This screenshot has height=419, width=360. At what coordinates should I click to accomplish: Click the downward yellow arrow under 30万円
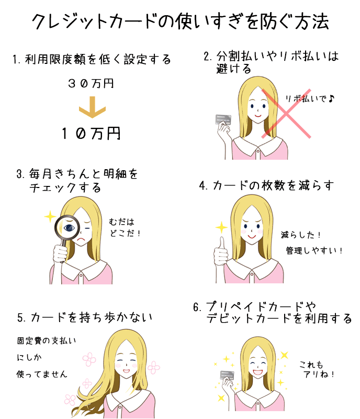coord(93,107)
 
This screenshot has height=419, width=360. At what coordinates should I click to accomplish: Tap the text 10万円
coord(91,134)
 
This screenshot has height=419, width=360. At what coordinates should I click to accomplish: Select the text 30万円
coord(91,83)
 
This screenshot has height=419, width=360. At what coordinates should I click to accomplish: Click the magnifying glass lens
coord(67,227)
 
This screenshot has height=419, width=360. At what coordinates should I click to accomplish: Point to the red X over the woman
coord(286,113)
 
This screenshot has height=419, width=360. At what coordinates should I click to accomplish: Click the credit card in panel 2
coord(223,119)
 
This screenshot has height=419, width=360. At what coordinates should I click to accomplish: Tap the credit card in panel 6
coord(227,375)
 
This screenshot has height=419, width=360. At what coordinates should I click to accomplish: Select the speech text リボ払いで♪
coord(310,99)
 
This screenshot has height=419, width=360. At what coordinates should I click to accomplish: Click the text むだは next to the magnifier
coord(121,222)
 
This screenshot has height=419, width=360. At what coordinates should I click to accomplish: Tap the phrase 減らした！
coord(301,235)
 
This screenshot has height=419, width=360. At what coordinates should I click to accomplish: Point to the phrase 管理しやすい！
coord(314,250)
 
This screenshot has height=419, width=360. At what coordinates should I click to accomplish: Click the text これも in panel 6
coord(311,365)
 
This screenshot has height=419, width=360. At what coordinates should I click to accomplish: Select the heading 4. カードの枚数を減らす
coord(266,185)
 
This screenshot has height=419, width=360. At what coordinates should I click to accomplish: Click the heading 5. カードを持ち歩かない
coord(85,317)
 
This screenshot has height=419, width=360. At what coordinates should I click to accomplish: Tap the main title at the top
coord(181,21)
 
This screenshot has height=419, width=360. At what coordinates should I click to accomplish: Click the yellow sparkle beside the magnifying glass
coord(50,216)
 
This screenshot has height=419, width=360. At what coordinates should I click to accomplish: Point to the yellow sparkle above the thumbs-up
coord(221,227)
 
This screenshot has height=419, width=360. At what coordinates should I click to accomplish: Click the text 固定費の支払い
coord(47,341)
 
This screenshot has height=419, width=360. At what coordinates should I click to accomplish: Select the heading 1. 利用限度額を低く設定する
coord(92,59)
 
